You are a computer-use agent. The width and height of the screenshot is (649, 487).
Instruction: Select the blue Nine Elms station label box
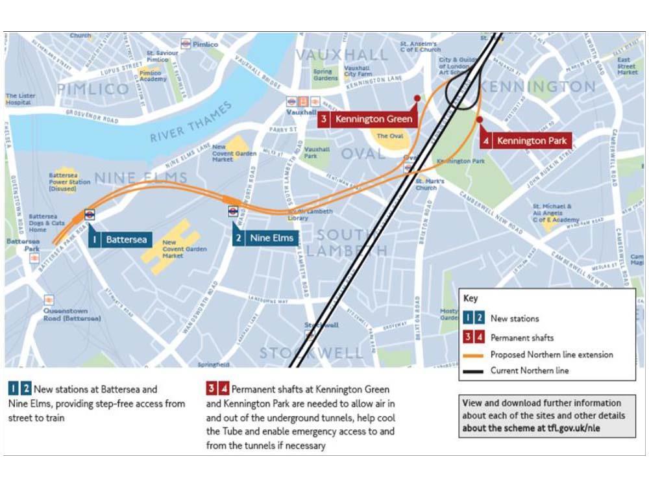tap(266, 238)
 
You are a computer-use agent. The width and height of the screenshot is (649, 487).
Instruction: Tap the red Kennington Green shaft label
tap(367, 119)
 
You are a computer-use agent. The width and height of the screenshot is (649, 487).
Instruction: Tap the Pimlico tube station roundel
tap(186, 44)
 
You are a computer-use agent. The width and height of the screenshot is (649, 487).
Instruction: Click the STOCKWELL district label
tap(312, 353)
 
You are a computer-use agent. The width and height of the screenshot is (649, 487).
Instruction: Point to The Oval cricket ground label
tap(391, 136)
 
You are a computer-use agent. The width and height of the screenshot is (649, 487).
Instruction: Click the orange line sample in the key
tap(474, 355)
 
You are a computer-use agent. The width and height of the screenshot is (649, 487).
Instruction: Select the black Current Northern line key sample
tap(474, 371)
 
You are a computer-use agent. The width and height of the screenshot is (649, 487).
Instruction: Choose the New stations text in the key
tap(514, 319)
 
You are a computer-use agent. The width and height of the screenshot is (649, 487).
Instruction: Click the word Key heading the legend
tap(471, 299)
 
